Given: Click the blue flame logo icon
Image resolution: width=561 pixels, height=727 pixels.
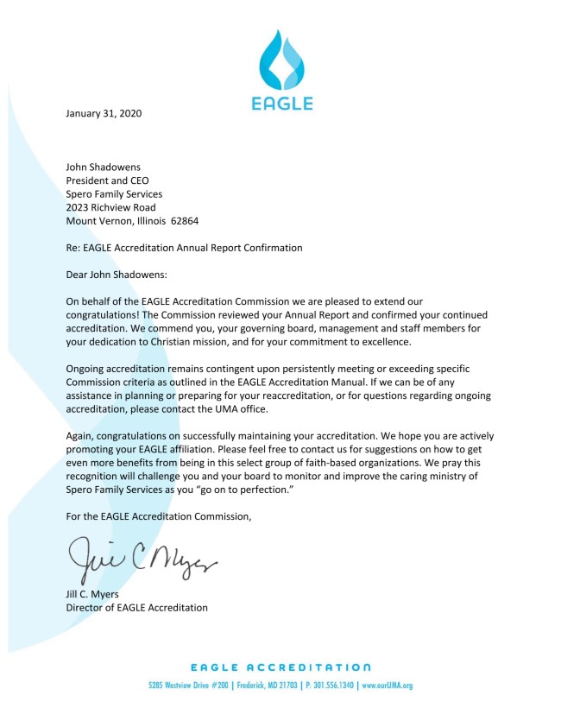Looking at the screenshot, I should click(282, 60).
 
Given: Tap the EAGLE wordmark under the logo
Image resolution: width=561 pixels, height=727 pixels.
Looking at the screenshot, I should click(282, 104).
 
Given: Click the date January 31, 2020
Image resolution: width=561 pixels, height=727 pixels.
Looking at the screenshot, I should click(104, 113).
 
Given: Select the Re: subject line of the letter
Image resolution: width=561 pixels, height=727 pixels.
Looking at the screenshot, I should click(185, 248).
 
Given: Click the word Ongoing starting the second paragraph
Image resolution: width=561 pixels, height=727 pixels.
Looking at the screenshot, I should click(87, 369).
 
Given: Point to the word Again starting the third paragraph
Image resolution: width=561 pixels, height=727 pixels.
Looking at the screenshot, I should click(81, 436).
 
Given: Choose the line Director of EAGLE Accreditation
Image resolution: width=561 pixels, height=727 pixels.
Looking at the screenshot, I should click(137, 608).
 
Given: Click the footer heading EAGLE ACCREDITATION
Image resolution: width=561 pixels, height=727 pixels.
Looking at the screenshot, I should click(281, 667).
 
